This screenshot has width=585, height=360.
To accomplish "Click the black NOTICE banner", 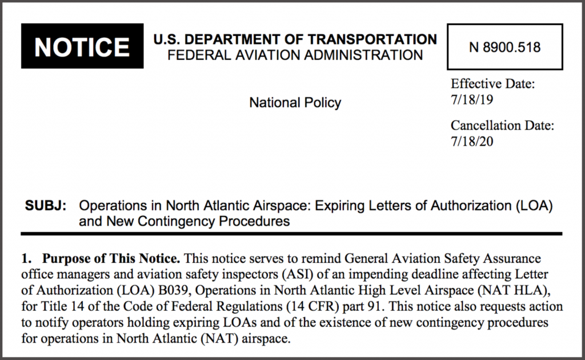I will pos(82,47).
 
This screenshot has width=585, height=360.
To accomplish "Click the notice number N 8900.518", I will pos(505,47).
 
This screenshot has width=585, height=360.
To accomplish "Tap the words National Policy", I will pos(295,103).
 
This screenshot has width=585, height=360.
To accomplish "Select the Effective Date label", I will pos(492,84).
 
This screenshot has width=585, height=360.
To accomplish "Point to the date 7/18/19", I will pos(472,99).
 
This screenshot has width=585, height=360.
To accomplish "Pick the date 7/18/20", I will pos(472,141).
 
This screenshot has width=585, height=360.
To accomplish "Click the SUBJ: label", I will pos(46,206).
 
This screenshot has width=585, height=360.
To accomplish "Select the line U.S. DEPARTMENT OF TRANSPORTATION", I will pos(295,39).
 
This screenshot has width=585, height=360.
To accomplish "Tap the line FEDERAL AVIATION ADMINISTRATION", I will pos(295,55).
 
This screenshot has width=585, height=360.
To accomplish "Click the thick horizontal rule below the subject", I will pos(291,234).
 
